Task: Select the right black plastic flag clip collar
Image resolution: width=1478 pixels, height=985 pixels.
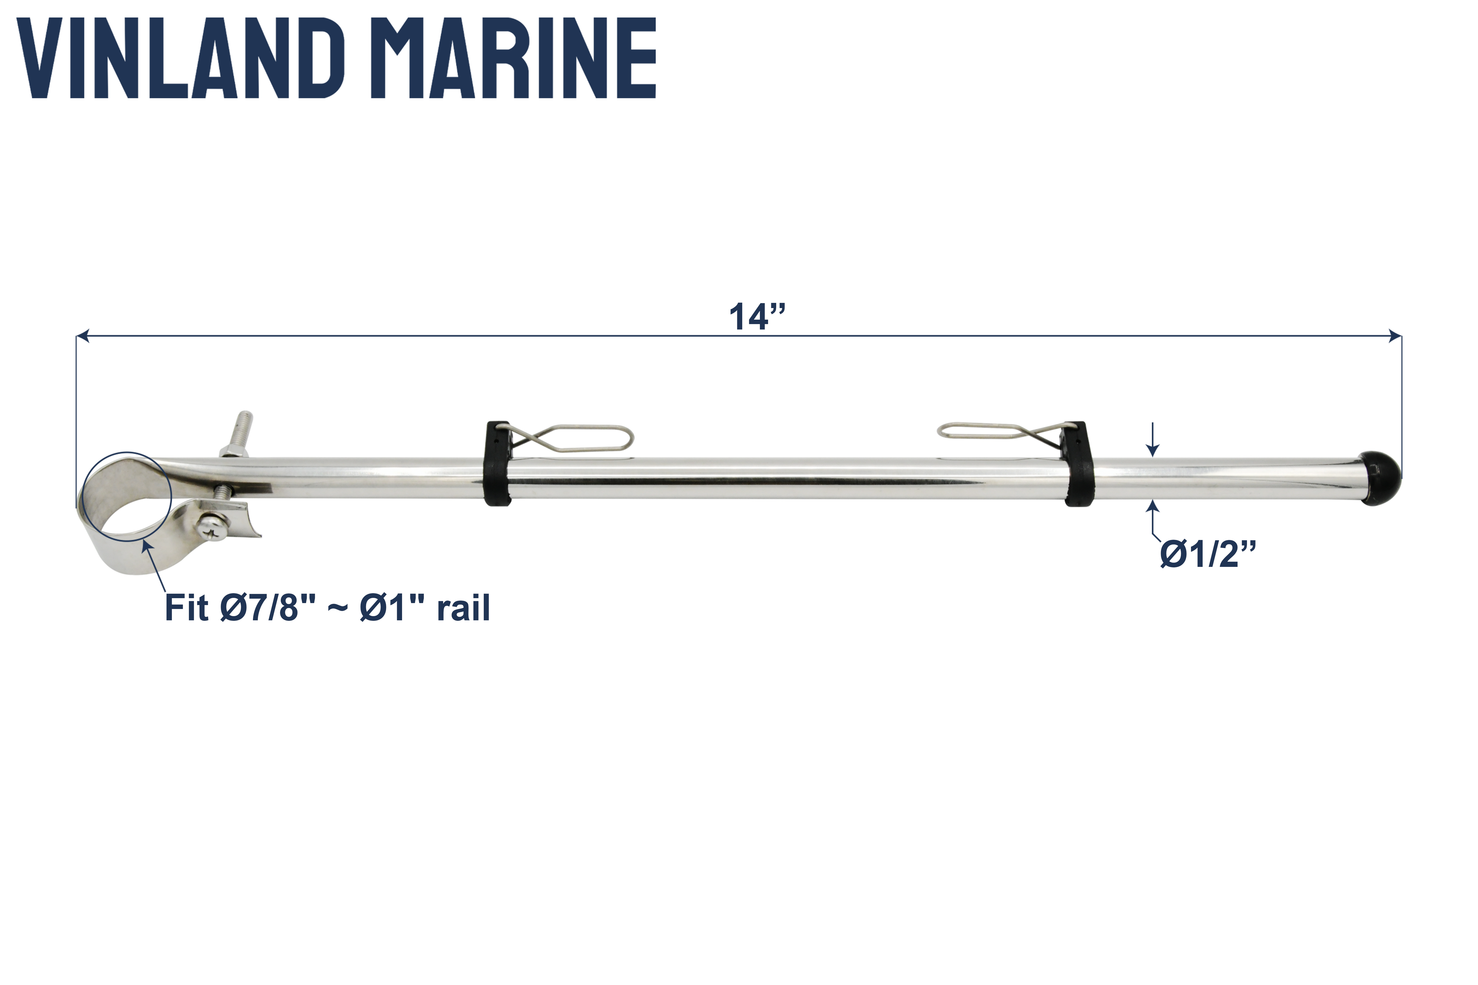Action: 1078,465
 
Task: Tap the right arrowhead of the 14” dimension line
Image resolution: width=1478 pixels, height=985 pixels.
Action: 1395,337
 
